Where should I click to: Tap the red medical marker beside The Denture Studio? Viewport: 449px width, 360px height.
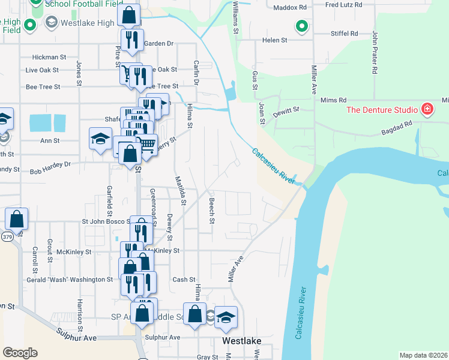pos(427,109)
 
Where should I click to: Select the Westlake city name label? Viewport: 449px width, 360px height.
pos(241,340)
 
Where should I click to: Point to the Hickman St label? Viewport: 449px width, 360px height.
pos(49,57)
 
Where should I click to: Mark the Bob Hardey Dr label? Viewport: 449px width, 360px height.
pos(50,164)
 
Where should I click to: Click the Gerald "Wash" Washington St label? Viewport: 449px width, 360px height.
pos(70,280)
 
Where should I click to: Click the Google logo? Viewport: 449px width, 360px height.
pos(20,352)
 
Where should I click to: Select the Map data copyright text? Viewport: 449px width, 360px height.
pos(423,355)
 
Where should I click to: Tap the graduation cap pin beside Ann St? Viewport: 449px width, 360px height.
pos(101,139)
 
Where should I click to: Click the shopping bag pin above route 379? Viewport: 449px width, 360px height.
pos(17,218)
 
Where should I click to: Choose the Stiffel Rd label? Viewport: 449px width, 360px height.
pos(345,34)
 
